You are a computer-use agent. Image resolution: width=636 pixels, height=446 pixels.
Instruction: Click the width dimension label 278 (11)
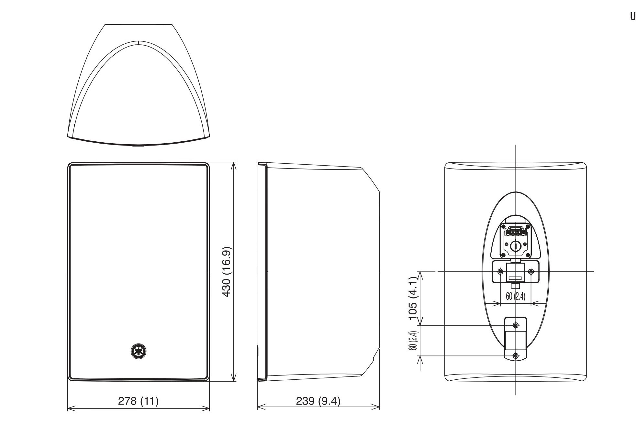coord(138,401)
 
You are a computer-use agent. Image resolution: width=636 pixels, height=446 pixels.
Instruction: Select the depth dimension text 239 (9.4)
coord(318,401)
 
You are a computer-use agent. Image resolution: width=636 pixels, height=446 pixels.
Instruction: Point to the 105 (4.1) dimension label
coord(414,298)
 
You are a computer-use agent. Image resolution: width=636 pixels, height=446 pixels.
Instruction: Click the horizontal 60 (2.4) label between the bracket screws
coord(515,296)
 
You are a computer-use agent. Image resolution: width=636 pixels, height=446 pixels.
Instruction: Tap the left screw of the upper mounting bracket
coord(501,272)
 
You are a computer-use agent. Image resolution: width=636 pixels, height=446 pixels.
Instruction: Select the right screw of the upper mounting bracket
coord(531,272)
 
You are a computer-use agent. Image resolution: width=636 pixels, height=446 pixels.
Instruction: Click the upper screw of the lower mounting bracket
coord(516,325)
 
